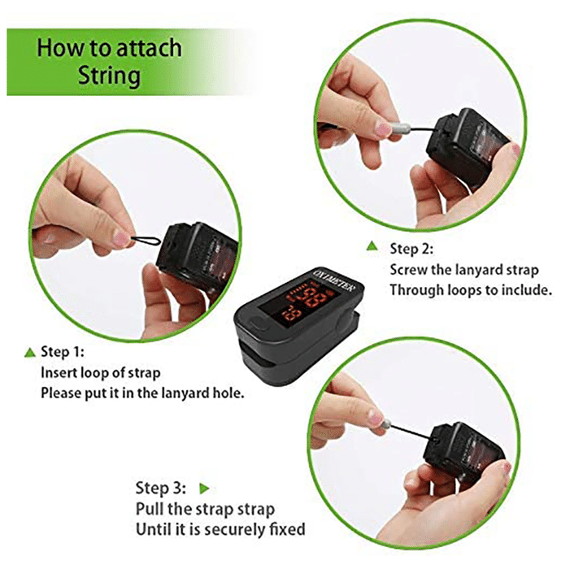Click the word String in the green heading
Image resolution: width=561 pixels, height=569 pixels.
pyautogui.click(x=109, y=76)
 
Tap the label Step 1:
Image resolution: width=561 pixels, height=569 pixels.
pyautogui.click(x=63, y=352)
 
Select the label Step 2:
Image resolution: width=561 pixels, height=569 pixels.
pyautogui.click(x=411, y=249)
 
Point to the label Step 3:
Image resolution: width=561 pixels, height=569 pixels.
pyautogui.click(x=161, y=488)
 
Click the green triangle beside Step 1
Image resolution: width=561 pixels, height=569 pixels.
pyautogui.click(x=30, y=352)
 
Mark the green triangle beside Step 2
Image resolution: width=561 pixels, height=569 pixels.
pyautogui.click(x=372, y=246)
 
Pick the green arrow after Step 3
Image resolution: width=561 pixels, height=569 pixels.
pyautogui.click(x=205, y=489)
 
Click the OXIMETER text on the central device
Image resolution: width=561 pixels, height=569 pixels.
pyautogui.click(x=335, y=281)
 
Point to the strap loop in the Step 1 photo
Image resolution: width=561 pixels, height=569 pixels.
pyautogui.click(x=146, y=240)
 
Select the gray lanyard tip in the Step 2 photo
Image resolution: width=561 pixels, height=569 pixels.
pyautogui.click(x=398, y=128)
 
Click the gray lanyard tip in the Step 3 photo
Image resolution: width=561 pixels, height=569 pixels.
pyautogui.click(x=385, y=423)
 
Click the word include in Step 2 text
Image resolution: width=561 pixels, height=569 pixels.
pyautogui.click(x=527, y=290)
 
